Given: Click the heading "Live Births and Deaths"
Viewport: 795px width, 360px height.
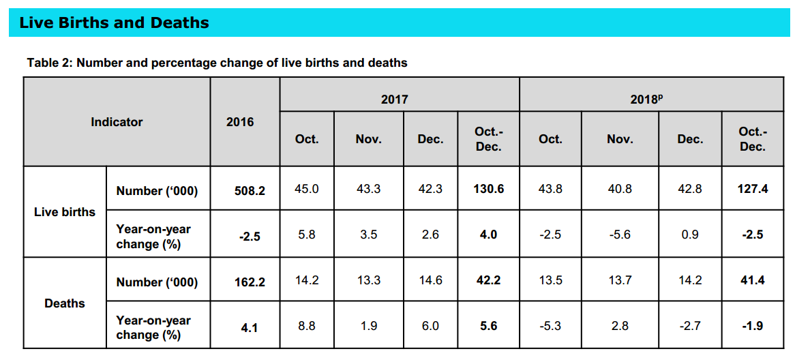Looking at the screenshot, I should [114, 23].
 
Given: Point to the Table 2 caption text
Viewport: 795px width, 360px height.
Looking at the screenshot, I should [217, 63].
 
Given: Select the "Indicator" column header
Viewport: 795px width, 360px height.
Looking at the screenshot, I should [117, 122].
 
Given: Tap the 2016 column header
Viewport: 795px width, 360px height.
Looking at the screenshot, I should [240, 122].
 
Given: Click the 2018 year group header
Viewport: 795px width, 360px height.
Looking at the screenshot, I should [647, 100].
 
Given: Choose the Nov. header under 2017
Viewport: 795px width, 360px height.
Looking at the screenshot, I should [368, 139].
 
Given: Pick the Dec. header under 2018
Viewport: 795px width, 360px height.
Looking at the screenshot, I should [689, 139].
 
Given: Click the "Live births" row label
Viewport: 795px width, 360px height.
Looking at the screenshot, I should [65, 212].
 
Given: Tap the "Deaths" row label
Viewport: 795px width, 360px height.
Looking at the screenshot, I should [65, 303].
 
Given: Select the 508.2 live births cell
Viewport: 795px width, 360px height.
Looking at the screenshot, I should [250, 190].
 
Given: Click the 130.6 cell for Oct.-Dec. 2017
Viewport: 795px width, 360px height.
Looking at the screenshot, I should [488, 189].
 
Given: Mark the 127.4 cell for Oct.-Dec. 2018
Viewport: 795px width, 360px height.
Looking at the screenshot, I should [753, 189].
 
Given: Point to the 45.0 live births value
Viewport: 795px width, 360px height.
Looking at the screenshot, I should [306, 189].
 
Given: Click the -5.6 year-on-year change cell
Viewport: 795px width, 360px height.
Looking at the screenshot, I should [619, 235].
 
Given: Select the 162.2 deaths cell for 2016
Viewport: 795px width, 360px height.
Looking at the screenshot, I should [250, 281].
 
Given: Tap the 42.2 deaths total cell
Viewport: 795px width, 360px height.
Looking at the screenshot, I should [488, 280].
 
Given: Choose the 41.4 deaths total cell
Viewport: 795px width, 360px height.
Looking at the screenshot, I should [753, 280].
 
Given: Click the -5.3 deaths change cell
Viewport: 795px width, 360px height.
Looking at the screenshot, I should [550, 326].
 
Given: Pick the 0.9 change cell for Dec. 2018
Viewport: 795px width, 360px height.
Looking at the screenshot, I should [689, 235].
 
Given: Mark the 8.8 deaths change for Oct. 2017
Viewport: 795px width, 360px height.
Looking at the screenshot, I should [306, 326].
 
